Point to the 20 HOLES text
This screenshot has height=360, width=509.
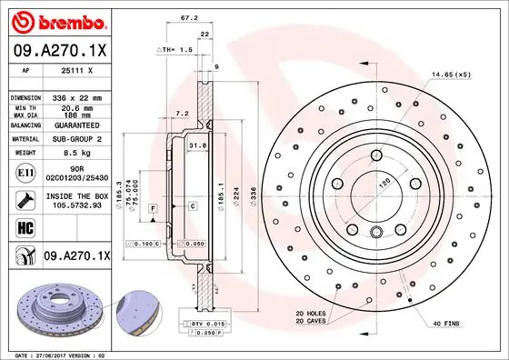click(309, 314)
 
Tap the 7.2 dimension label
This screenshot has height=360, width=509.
click(180, 114)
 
